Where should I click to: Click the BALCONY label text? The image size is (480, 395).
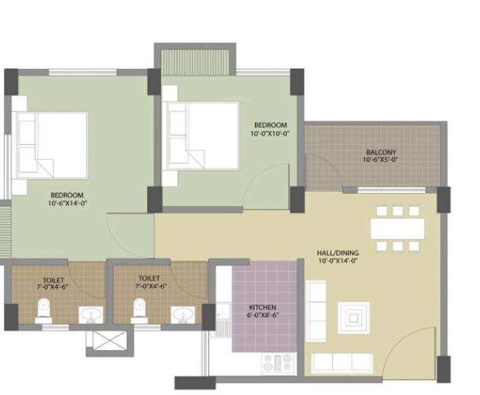coord(381,152)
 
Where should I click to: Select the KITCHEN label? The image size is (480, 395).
coord(262,307)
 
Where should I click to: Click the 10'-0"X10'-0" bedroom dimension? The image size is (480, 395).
coord(269,134)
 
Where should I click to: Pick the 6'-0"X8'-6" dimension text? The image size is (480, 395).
coord(262,316)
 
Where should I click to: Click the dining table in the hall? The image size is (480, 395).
coord(397,228)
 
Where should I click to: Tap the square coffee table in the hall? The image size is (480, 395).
coord(353,318)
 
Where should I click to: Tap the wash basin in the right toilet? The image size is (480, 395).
coord(184,314)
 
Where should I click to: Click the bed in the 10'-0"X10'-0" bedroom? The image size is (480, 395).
coord(202,136)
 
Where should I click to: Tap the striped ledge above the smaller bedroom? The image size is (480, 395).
coord(196,61)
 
